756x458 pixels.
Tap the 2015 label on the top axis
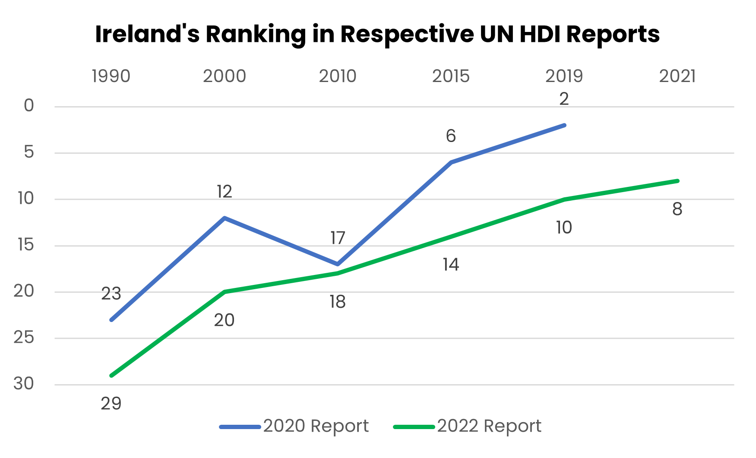click(450, 76)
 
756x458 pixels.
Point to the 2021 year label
click(677, 76)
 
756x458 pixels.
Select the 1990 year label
click(111, 76)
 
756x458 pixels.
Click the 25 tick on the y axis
click(24, 338)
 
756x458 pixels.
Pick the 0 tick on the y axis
click(28, 106)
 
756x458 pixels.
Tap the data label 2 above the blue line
click(564, 99)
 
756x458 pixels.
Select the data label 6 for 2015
click(450, 136)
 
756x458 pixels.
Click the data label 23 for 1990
click(111, 294)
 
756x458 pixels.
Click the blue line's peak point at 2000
click(225, 218)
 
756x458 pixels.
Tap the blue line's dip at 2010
click(337, 264)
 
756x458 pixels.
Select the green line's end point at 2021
click(677, 181)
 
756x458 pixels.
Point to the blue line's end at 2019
click(564, 125)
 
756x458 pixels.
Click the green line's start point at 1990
click(111, 376)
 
